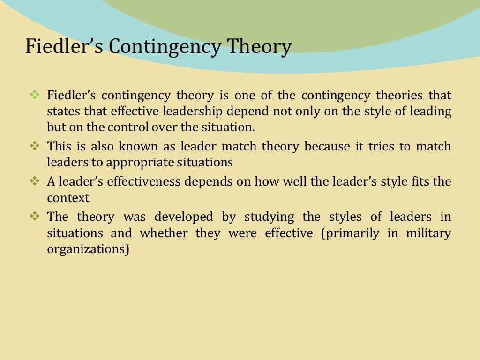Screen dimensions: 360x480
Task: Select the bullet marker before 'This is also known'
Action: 35,146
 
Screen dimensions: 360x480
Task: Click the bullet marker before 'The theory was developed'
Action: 35,216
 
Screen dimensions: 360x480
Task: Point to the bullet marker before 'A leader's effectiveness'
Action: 35,180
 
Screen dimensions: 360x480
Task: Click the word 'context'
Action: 68,197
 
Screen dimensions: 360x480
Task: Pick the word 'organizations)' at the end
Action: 88,249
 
